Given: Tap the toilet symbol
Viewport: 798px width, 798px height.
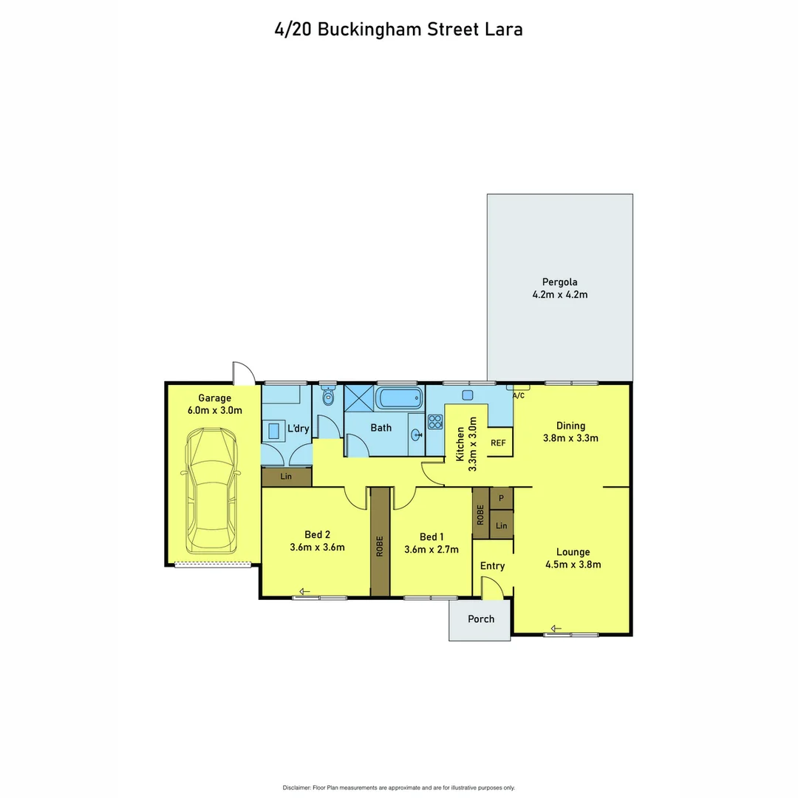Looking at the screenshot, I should click(x=328, y=399).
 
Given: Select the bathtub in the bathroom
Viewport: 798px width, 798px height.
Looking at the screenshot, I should click(x=400, y=399).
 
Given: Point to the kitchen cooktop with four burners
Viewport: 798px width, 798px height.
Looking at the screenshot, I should click(x=434, y=422).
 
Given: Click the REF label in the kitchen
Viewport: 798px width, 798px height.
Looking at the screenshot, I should click(x=499, y=443).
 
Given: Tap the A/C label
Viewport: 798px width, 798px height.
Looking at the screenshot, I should click(x=519, y=396).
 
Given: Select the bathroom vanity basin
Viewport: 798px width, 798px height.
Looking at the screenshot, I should click(x=415, y=435).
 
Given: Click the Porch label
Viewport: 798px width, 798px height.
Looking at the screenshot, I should click(x=481, y=618).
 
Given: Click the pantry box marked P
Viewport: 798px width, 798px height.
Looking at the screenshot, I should click(x=501, y=498).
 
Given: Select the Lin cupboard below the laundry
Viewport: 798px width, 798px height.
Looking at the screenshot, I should click(x=286, y=477).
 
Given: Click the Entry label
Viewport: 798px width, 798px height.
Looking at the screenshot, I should click(x=492, y=566).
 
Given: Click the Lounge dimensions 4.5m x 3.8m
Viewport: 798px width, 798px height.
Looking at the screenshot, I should click(x=573, y=565).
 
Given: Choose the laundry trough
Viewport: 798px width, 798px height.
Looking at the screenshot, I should click(x=276, y=429).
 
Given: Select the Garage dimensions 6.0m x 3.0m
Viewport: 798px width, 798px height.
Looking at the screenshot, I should click(x=214, y=410).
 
